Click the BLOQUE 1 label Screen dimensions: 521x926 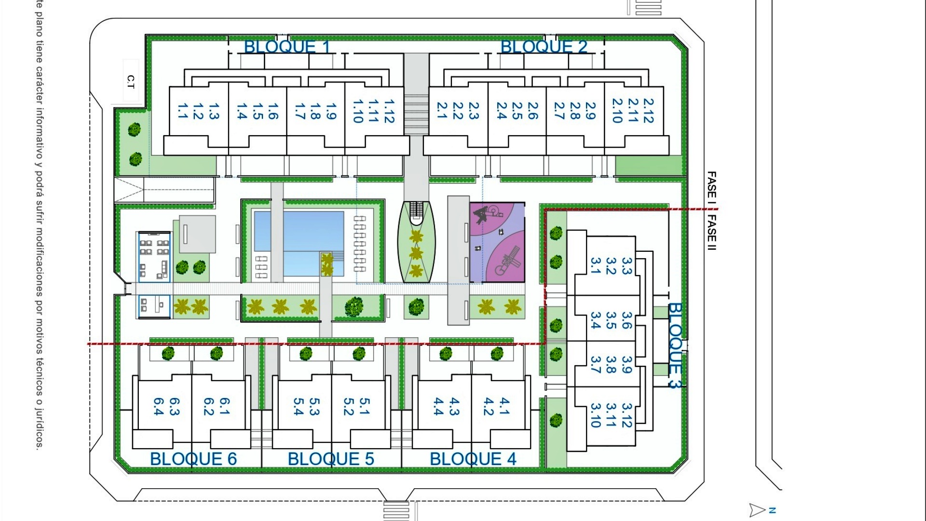coord(287,47)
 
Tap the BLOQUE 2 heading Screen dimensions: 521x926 coord(544,47)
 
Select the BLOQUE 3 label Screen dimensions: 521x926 coord(675,345)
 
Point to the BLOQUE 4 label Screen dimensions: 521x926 coord(473,459)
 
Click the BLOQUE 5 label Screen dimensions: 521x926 coord(331,459)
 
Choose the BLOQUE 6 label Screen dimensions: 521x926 coord(193,459)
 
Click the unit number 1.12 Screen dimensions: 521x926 coord(389,111)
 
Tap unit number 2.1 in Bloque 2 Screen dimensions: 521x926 coord(442,110)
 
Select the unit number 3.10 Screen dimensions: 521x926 coord(596,415)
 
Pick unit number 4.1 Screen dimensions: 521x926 coord(504,406)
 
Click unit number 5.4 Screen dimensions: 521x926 coord(299,407)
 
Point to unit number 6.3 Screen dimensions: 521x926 coord(174,407)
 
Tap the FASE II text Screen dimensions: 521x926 coord(711,233)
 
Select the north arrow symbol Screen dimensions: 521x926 coord(758,510)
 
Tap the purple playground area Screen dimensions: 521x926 coord(497,242)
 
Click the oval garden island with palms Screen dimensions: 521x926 coord(416,244)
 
